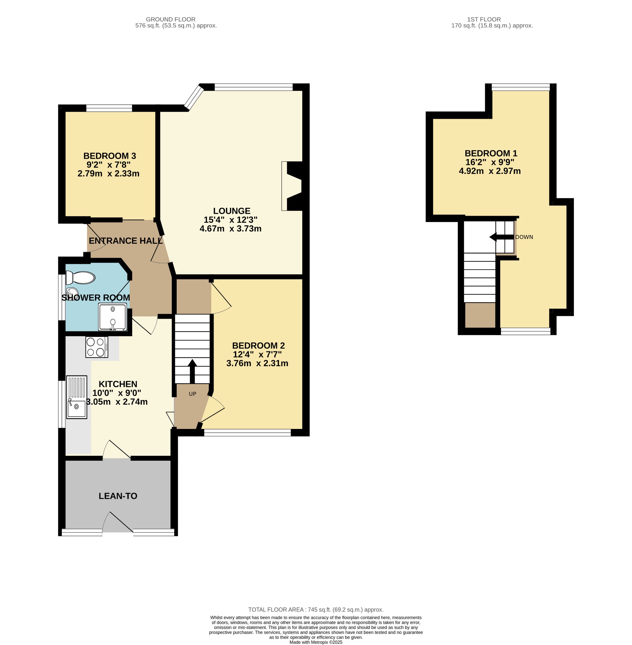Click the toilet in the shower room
pyautogui.click(x=80, y=277)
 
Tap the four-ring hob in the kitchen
pyautogui.click(x=97, y=347)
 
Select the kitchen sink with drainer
pyautogui.click(x=77, y=397)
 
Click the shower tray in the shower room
pyautogui.click(x=113, y=317)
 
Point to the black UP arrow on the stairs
pyautogui.click(x=192, y=371)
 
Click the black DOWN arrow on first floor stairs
pyautogui.click(x=501, y=237)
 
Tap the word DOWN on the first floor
pyautogui.click(x=524, y=237)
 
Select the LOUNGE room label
pyautogui.click(x=232, y=211)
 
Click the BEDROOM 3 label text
pyautogui.click(x=109, y=156)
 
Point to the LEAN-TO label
pyautogui.click(x=118, y=496)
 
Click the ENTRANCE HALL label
pyautogui.click(x=126, y=241)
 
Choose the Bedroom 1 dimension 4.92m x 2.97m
pyautogui.click(x=489, y=171)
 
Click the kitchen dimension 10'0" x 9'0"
pyautogui.click(x=117, y=393)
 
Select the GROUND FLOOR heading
pyautogui.click(x=171, y=19)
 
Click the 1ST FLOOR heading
pyautogui.click(x=484, y=19)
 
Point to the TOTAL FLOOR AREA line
pyautogui.click(x=316, y=609)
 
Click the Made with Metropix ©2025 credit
pyautogui.click(x=316, y=642)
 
